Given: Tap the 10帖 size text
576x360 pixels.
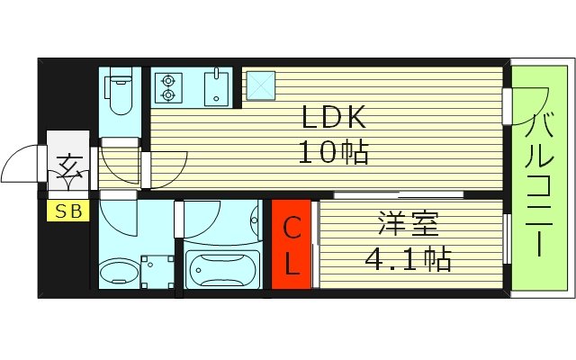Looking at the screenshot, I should click(x=333, y=153).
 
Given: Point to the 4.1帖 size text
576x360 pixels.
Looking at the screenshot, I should click(x=407, y=259).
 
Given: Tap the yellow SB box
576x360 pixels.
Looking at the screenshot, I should click(x=67, y=212).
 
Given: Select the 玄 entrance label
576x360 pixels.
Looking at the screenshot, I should click(x=68, y=167).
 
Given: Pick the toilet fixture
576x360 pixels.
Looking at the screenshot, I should click(x=118, y=94).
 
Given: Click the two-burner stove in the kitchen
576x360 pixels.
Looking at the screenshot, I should click(x=167, y=87).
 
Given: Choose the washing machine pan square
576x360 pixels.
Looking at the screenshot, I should click(x=158, y=270).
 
